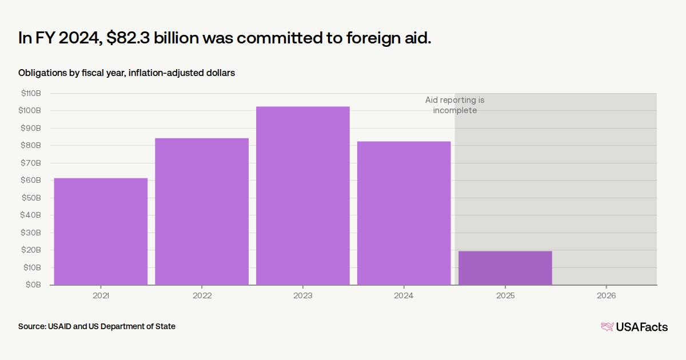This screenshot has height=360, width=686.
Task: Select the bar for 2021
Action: (x=101, y=231)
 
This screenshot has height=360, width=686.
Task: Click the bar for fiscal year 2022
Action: (x=202, y=211)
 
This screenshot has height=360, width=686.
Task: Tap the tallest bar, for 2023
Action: (x=303, y=195)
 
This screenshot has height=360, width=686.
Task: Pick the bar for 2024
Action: (x=404, y=213)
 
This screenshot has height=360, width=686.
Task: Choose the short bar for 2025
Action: (x=505, y=267)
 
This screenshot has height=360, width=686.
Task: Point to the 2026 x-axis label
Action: (x=606, y=295)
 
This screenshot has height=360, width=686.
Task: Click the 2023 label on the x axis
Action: (x=303, y=295)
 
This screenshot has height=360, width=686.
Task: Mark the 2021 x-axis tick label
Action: (x=101, y=295)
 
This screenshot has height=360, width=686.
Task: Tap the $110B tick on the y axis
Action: (x=31, y=93)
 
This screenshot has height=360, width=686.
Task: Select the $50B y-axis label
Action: (x=31, y=198)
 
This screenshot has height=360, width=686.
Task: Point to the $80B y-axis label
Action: (x=31, y=145)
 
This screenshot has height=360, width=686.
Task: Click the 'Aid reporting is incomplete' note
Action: (x=454, y=105)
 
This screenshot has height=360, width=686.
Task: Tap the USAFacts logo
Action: (x=634, y=327)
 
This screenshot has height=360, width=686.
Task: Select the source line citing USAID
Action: (x=97, y=326)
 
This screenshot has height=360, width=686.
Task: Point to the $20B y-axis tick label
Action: (x=31, y=250)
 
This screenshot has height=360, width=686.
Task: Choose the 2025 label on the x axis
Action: (x=505, y=295)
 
